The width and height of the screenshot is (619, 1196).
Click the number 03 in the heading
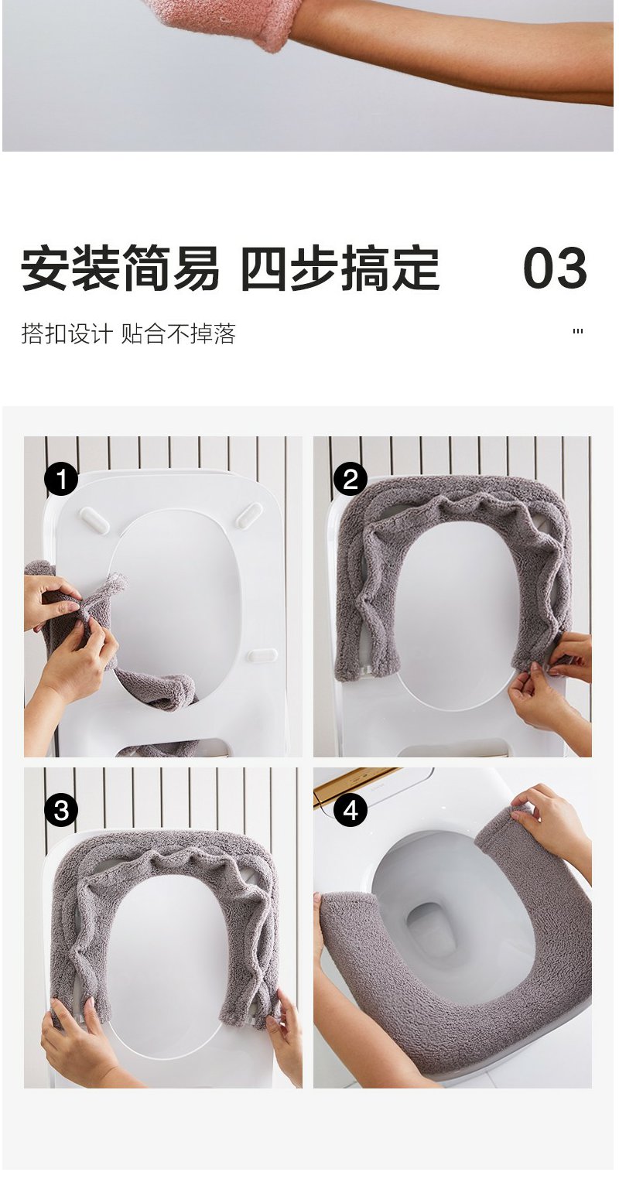[555, 268]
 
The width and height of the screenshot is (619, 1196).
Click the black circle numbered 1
[61, 479]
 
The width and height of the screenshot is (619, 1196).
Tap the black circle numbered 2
[351, 479]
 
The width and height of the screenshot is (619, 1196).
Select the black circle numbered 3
[61, 811]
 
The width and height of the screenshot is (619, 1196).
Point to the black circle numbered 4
[351, 811]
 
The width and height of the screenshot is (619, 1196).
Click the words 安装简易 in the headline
[120, 268]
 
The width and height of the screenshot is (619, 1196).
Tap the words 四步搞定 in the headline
[340, 268]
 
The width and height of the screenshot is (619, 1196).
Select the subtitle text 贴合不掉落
[179, 333]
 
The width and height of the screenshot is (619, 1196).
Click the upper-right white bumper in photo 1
[248, 514]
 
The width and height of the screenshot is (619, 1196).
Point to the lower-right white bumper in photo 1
[263, 655]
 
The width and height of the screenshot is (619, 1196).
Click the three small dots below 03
[577, 332]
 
